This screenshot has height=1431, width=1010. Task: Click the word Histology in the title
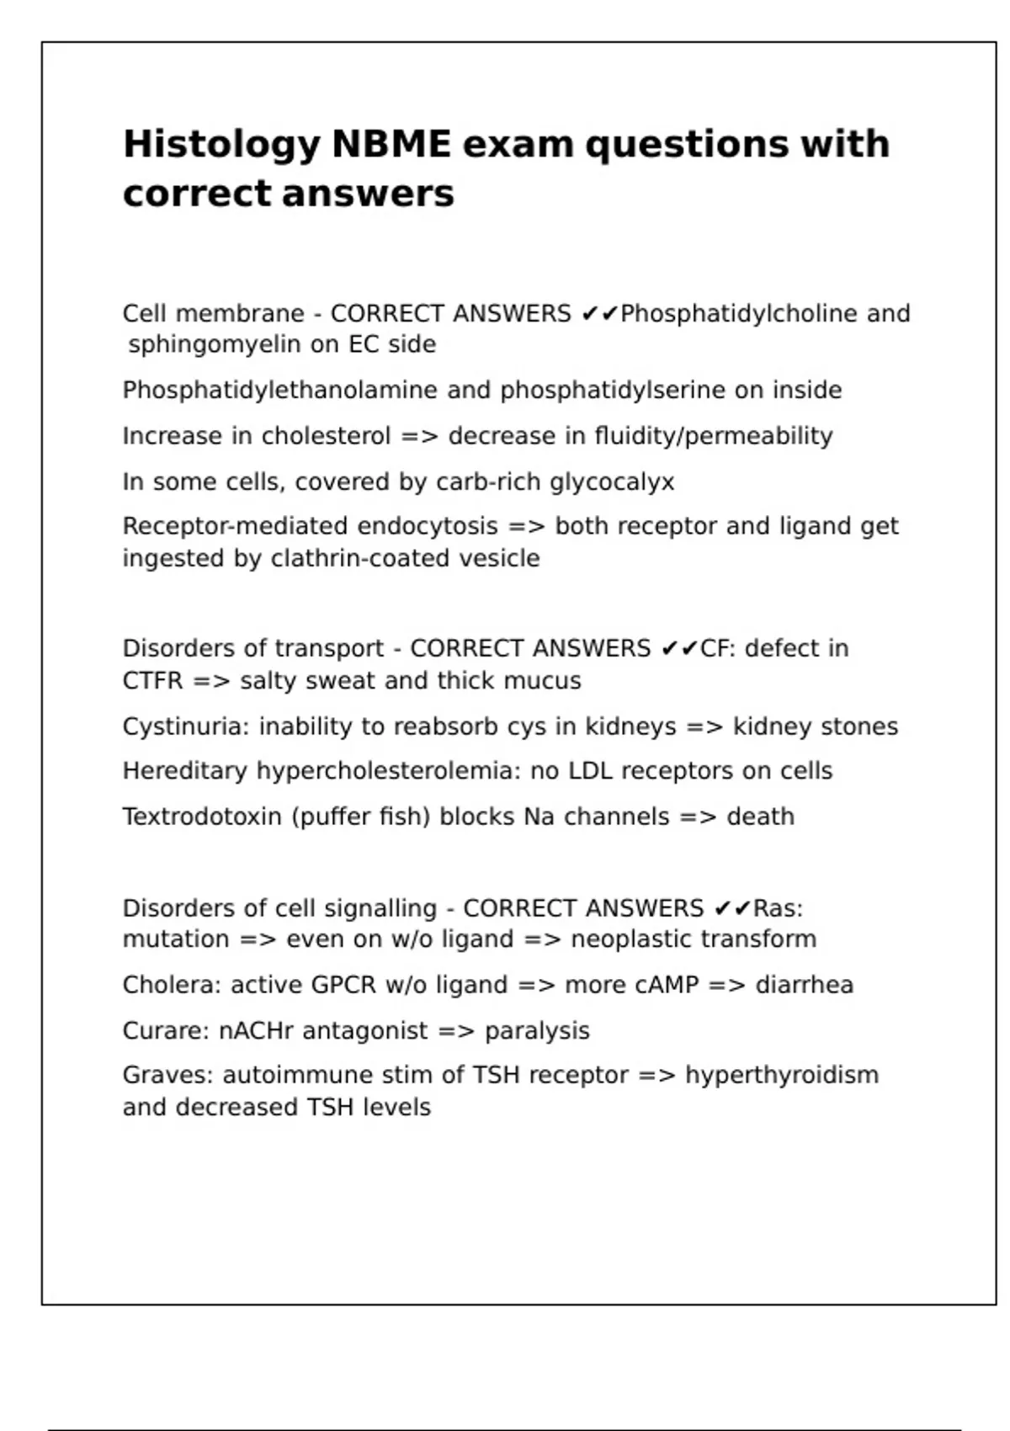pyautogui.click(x=221, y=145)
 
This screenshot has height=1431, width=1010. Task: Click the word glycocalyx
pyautogui.click(x=612, y=482)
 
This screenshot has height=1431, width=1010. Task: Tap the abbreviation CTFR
pyautogui.click(x=152, y=680)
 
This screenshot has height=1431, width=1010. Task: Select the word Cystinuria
pyautogui.click(x=185, y=726)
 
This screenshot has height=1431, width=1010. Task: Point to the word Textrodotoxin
pyautogui.click(x=202, y=817)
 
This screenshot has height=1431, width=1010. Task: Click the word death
pyautogui.click(x=760, y=817)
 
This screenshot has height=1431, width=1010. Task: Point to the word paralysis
pyautogui.click(x=537, y=1031)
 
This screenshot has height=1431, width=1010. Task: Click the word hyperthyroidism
pyautogui.click(x=782, y=1076)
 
